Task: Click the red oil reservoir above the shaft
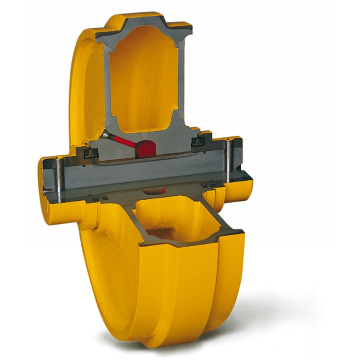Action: (145, 148)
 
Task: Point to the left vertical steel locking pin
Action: (57, 178)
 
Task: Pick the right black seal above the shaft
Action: (198, 141)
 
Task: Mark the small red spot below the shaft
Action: (163, 191)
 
